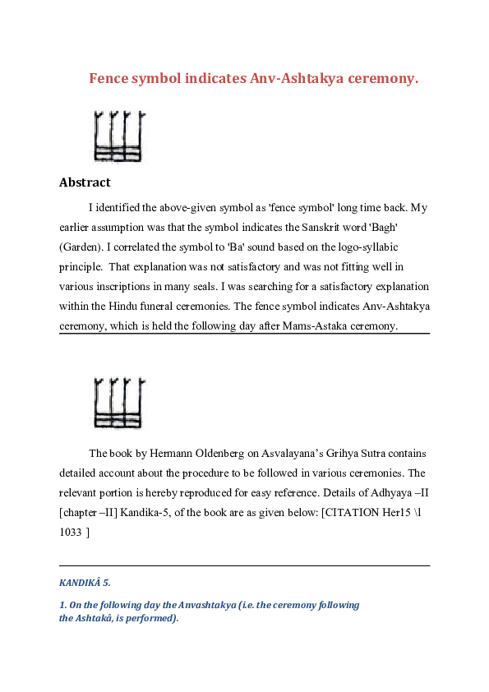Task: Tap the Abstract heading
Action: click(85, 182)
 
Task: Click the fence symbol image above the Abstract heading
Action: click(119, 136)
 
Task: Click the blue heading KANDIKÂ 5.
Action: click(84, 583)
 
